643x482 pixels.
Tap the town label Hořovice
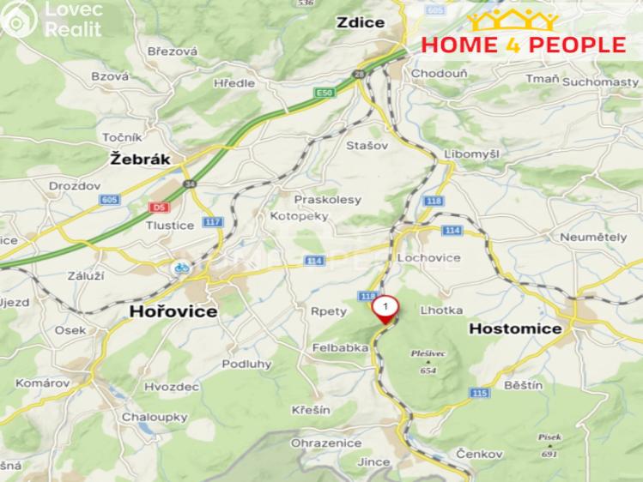tap(173, 312)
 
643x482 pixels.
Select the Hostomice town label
tap(515, 328)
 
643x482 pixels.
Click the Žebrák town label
tap(141, 159)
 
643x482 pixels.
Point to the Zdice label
tap(361, 23)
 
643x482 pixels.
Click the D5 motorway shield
tap(157, 208)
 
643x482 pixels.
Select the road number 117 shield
tap(213, 222)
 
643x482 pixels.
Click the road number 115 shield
tap(479, 393)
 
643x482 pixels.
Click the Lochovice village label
tap(428, 257)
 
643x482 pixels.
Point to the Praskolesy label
tap(328, 199)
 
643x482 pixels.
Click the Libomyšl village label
tap(471, 153)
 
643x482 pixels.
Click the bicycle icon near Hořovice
tap(181, 267)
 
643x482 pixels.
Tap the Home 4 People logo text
tap(522, 45)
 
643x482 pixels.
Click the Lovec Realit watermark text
tap(72, 19)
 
